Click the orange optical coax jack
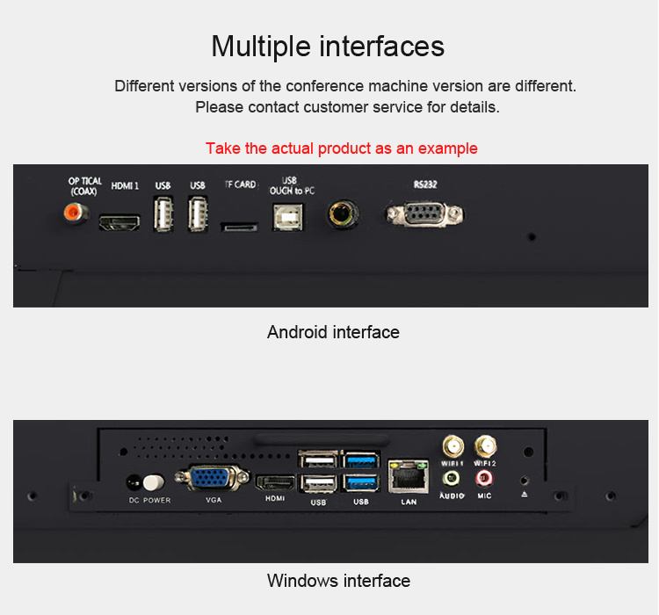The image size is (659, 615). [76, 213]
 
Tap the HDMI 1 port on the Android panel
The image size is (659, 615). [119, 222]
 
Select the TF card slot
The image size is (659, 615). [239, 227]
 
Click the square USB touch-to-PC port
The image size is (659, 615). [288, 217]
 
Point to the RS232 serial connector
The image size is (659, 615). [425, 214]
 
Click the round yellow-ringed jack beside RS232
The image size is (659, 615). [343, 214]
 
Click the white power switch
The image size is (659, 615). [154, 482]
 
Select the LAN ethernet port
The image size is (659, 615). [408, 476]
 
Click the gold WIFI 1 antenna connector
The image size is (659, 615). [453, 446]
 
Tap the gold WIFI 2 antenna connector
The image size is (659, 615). [485, 446]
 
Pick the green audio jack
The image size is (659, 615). [451, 479]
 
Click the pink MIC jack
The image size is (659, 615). [484, 478]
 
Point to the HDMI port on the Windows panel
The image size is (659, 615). [275, 483]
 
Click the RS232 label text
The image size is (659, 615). [425, 184]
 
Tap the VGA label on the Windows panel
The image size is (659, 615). [214, 500]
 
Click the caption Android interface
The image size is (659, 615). [333, 332]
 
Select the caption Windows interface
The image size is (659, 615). [339, 581]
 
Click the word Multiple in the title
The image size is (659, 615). [261, 47]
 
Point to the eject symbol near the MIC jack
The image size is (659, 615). [524, 495]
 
